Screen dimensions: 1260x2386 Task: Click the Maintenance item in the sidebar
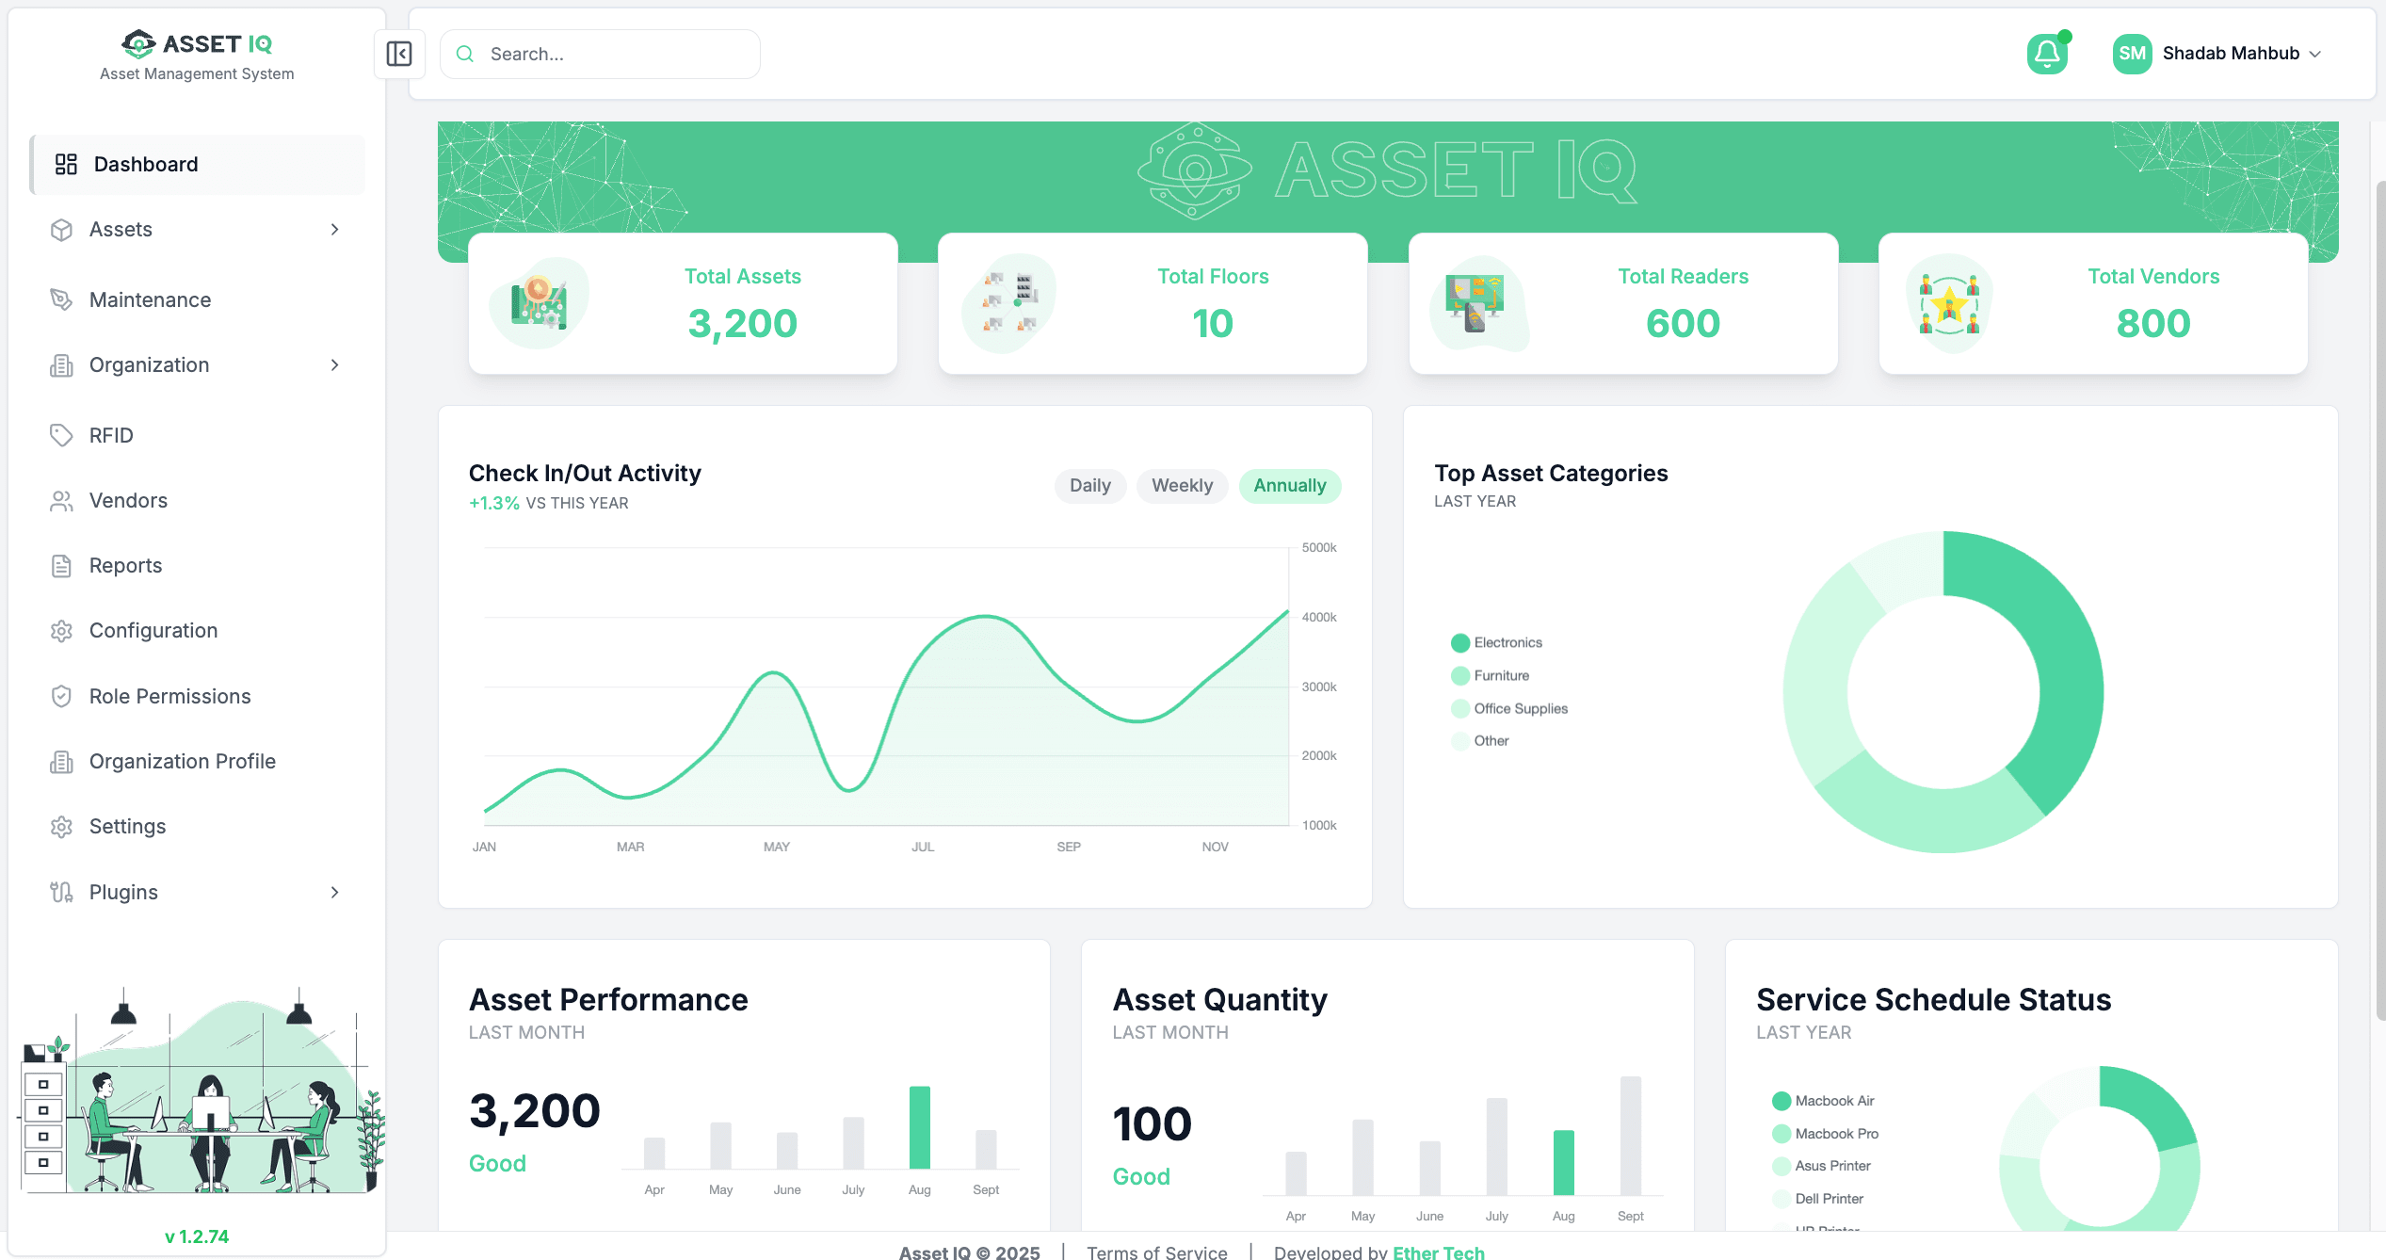tap(150, 299)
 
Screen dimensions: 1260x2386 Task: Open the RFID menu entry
tap(111, 435)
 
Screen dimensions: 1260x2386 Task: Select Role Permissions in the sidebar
tap(169, 696)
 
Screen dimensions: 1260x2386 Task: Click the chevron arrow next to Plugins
tap(334, 892)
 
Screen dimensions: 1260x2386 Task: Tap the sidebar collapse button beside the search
tap(399, 54)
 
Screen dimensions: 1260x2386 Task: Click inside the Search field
tap(612, 54)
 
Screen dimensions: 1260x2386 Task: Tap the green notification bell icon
tap(2047, 54)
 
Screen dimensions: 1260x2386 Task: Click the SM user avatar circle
tap(2132, 54)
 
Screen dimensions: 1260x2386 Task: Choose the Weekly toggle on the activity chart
tap(1182, 485)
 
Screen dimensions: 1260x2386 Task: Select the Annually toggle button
tap(1289, 485)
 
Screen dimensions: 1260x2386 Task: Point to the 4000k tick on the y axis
tap(1318, 618)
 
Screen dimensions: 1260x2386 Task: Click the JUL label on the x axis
tap(922, 847)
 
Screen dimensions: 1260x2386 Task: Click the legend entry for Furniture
tap(1501, 675)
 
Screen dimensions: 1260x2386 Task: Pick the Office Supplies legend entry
tap(1520, 708)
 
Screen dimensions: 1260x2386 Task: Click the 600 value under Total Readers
tap(1683, 323)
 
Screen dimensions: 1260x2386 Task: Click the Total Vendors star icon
tap(1949, 303)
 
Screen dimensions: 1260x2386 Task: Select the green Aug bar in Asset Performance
tap(919, 1127)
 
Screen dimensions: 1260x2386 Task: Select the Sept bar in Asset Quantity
tap(1630, 1136)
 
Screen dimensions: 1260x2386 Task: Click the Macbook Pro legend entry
tap(1835, 1133)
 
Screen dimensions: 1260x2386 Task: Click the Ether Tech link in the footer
tap(1438, 1252)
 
